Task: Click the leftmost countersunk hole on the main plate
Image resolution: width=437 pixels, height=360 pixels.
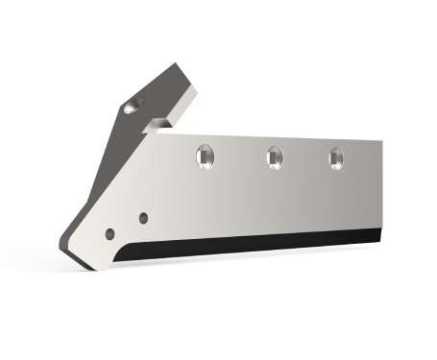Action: point(204,154)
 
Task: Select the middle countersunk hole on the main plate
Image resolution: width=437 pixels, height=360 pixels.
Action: point(273,155)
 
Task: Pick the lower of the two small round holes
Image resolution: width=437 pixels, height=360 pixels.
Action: point(111,233)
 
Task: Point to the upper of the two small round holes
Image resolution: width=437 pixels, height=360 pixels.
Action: point(142,217)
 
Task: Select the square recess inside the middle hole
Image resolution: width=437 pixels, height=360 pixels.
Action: point(273,156)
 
